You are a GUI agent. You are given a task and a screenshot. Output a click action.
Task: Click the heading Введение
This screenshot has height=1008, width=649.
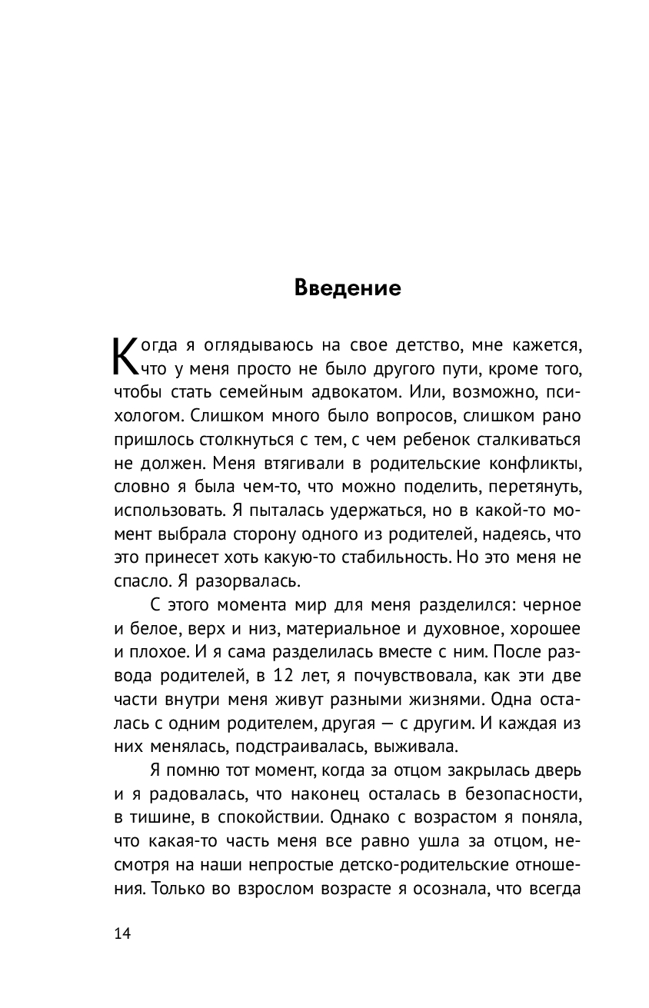(348, 289)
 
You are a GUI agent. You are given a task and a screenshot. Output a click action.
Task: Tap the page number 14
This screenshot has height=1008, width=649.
(122, 934)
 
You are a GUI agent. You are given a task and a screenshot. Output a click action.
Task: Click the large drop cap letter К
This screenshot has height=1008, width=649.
(127, 355)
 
